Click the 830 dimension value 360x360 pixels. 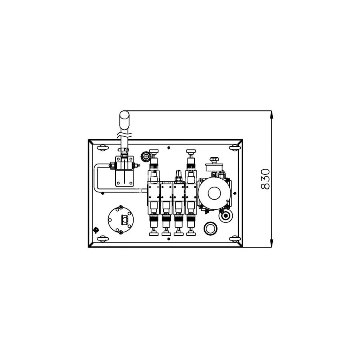point(266,179)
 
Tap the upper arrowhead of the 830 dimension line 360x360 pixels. point(272,115)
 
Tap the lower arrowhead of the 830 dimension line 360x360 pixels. point(272,243)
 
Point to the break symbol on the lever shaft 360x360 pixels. point(124,135)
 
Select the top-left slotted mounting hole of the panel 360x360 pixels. point(102,148)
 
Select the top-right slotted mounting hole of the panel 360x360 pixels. point(235,148)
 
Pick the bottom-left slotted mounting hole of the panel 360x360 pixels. point(102,239)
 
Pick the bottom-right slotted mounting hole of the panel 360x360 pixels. point(235,239)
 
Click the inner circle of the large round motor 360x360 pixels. point(214,193)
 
